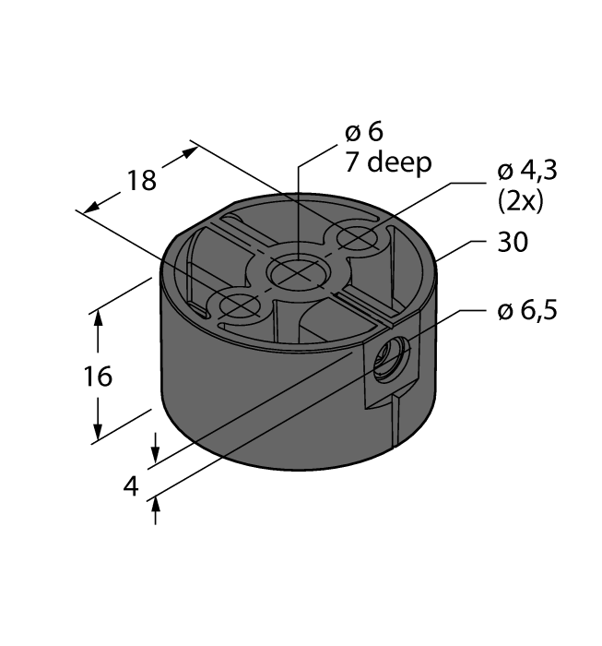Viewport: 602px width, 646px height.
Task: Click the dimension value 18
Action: (x=142, y=180)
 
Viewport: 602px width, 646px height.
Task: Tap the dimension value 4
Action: (x=131, y=486)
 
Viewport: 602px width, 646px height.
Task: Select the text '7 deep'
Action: (x=387, y=163)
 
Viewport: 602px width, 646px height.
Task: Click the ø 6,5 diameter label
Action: (x=526, y=312)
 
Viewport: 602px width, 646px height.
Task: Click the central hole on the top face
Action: (x=295, y=271)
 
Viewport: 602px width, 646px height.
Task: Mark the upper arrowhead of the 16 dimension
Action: (x=97, y=317)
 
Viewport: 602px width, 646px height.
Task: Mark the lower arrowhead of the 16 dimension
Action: (x=97, y=436)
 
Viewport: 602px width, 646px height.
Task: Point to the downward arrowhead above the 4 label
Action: (x=155, y=455)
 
